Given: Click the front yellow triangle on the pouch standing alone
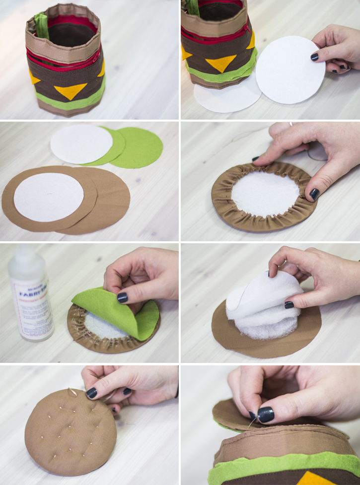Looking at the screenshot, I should pos(70,90).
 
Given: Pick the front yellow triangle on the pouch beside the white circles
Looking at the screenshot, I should pos(220,63).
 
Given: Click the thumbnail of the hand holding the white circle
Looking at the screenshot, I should pos(314,57).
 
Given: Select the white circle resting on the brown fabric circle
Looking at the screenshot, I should pos(49,197).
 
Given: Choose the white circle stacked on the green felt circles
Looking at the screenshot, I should pos(81,143).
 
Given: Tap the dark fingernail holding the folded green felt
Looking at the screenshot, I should pos(122,297).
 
